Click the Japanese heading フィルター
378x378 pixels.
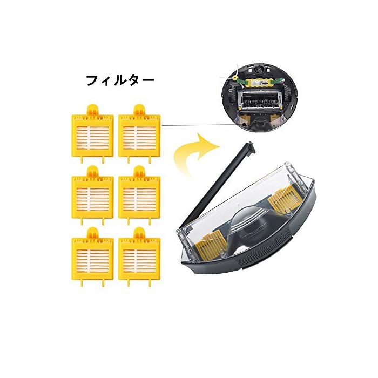(120, 80)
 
